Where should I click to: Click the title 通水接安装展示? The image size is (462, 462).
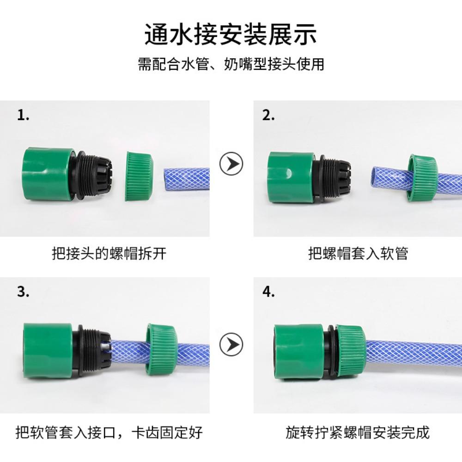click(x=231, y=35)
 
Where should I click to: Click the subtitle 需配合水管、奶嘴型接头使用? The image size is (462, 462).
click(x=231, y=64)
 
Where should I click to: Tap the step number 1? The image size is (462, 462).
click(x=23, y=115)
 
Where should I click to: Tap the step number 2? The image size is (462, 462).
click(x=268, y=115)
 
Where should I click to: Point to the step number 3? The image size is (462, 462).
click(x=23, y=292)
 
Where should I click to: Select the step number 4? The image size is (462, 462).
click(x=268, y=292)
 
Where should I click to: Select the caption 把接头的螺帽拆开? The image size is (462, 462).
click(x=109, y=254)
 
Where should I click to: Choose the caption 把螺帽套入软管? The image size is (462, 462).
click(x=358, y=254)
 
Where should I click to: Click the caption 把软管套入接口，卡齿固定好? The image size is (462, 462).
click(x=109, y=433)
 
